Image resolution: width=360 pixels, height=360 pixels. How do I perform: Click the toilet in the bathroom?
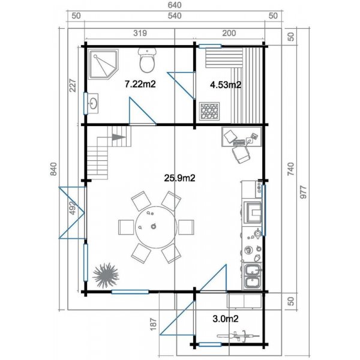click(x=148, y=61)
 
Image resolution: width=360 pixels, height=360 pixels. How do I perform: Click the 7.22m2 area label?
click(x=140, y=85)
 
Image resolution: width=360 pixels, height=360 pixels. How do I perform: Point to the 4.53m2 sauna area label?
click(x=225, y=85)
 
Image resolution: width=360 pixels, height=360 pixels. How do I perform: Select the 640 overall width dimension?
click(x=175, y=5)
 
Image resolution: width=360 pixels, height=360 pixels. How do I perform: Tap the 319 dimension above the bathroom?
click(x=139, y=34)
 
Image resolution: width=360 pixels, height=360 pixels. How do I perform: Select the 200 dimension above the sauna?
click(x=229, y=34)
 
